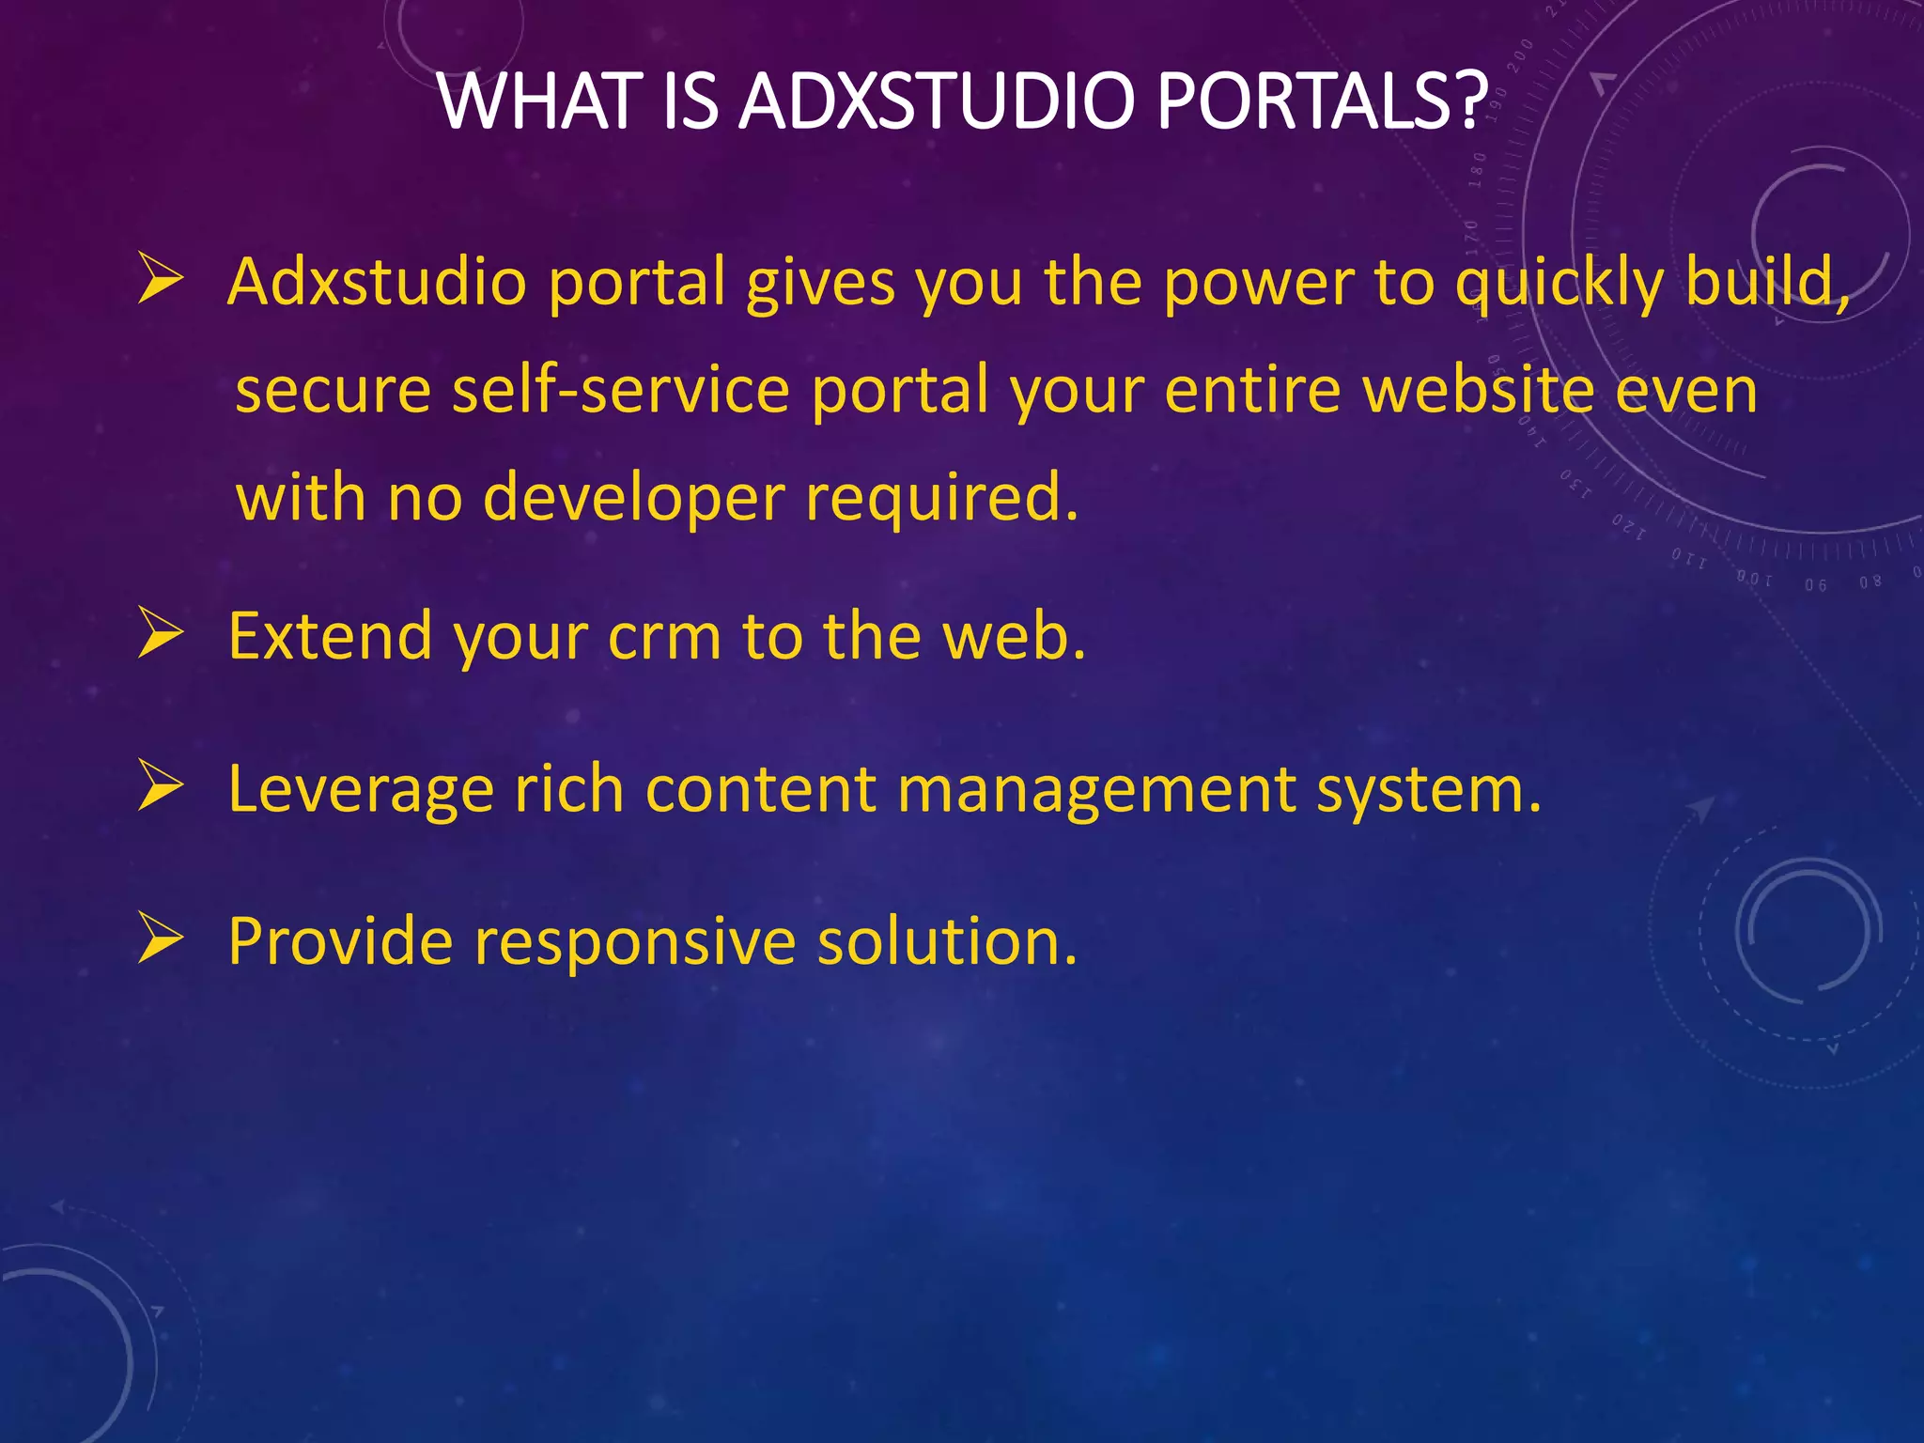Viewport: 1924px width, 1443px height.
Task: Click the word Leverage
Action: point(361,789)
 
